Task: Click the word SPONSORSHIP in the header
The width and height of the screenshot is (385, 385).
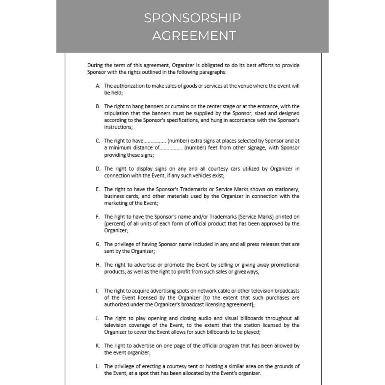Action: click(192, 18)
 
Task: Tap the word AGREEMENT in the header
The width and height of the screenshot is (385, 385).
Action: click(194, 36)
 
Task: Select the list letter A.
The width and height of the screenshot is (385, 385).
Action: click(98, 86)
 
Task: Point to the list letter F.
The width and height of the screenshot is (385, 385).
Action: click(98, 217)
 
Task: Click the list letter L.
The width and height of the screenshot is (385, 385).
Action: click(97, 366)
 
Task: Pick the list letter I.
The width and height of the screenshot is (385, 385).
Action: click(97, 291)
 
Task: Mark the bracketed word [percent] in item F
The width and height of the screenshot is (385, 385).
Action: click(116, 224)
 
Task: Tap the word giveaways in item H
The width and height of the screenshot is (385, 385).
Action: click(246, 271)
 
